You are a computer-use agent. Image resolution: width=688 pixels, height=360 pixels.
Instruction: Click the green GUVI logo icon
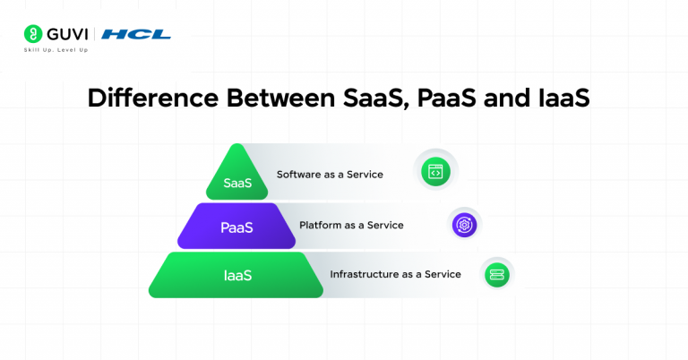pyautogui.click(x=31, y=35)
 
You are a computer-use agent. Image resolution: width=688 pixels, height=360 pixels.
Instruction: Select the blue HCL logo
pyautogui.click(x=135, y=35)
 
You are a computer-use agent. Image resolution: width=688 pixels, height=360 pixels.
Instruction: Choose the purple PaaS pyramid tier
pyautogui.click(x=236, y=227)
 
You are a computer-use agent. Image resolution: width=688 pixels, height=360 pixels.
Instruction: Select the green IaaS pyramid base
pyautogui.click(x=236, y=275)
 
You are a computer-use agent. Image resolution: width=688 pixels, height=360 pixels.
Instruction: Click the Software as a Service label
pyautogui.click(x=330, y=175)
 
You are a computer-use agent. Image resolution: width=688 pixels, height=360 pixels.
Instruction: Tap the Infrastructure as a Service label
pyautogui.click(x=395, y=274)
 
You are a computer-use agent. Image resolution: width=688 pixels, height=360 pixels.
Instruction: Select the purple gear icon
pyautogui.click(x=465, y=224)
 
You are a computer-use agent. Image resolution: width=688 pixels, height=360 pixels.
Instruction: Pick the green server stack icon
pyautogui.click(x=496, y=274)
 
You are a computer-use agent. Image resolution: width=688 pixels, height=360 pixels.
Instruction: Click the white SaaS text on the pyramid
pyautogui.click(x=236, y=183)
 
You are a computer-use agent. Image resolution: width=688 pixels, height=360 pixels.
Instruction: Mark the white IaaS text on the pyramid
pyautogui.click(x=236, y=276)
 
